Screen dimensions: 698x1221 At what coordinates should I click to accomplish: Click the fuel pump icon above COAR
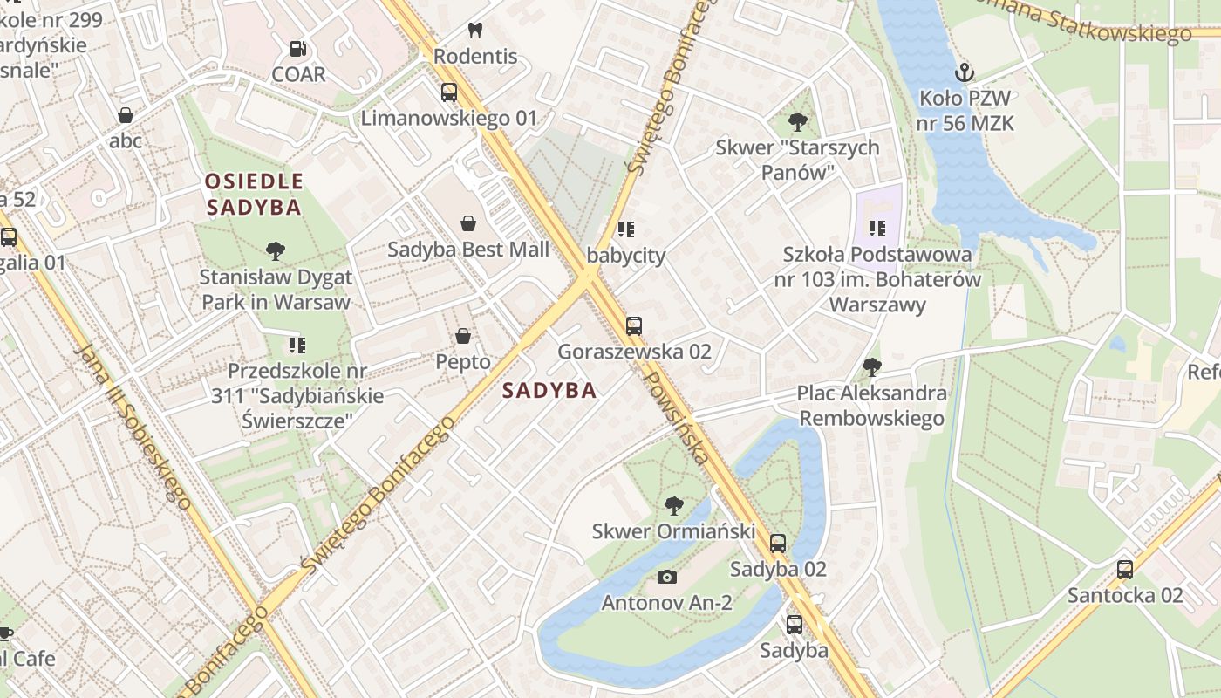tap(298, 49)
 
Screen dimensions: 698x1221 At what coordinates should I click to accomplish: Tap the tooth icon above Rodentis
tap(475, 31)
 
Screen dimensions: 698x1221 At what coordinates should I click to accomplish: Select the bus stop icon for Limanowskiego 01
tap(449, 92)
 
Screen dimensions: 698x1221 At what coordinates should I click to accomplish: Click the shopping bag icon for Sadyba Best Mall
tap(468, 223)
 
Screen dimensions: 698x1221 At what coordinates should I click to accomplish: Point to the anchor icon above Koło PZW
tap(965, 72)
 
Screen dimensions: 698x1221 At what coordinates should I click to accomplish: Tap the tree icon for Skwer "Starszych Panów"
tap(797, 122)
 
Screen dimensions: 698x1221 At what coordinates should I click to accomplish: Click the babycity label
tap(626, 256)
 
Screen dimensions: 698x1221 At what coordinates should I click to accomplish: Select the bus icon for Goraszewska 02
tap(634, 326)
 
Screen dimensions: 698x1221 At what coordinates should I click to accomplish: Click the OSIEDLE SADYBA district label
tap(253, 195)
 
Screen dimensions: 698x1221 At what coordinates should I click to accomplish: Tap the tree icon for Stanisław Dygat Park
tap(276, 252)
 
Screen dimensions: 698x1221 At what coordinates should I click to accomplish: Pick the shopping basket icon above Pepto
tap(463, 336)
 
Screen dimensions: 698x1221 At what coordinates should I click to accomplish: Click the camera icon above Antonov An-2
tap(667, 577)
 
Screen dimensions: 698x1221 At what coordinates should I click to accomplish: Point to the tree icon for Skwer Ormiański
tap(673, 505)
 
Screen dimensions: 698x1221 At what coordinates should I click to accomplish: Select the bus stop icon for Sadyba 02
tap(778, 544)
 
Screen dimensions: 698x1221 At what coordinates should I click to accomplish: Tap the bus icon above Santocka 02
tap(1125, 570)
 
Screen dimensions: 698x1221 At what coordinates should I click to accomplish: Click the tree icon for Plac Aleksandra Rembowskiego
tap(871, 367)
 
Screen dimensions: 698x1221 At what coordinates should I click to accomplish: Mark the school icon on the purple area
tap(877, 229)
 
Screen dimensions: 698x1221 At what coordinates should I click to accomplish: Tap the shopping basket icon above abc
tap(126, 115)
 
